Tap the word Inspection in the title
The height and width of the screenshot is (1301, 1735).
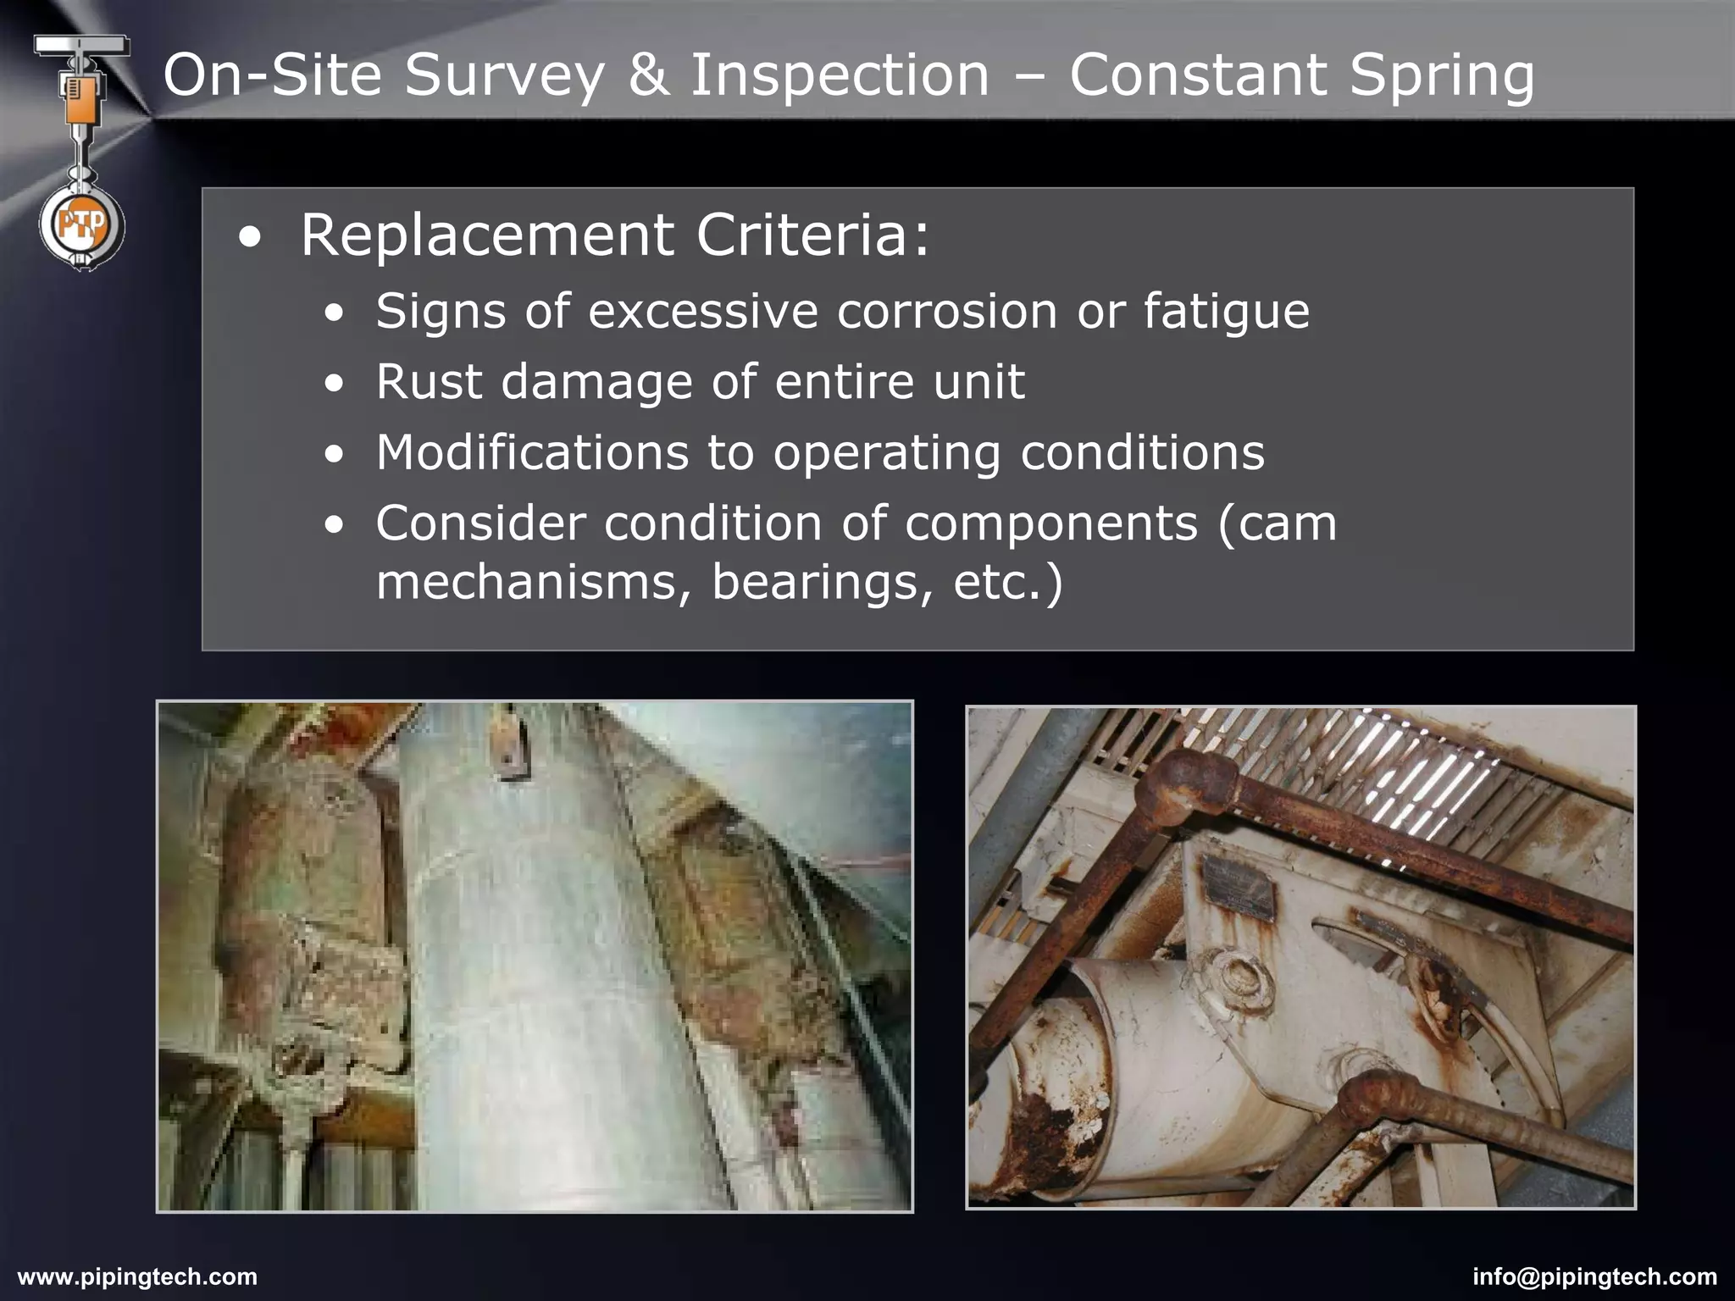coord(840,75)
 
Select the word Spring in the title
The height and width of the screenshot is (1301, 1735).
coord(1441,75)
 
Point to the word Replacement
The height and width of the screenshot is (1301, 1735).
coord(487,235)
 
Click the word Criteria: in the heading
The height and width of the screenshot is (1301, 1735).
coord(812,235)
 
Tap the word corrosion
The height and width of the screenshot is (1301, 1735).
coord(947,311)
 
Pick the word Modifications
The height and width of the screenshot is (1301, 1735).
coord(532,451)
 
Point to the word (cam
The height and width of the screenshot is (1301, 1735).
coord(1277,523)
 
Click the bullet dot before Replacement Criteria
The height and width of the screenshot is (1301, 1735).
coord(250,238)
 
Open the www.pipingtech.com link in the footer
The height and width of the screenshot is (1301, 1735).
coord(137,1276)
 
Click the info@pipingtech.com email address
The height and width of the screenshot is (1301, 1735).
coord(1594,1276)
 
